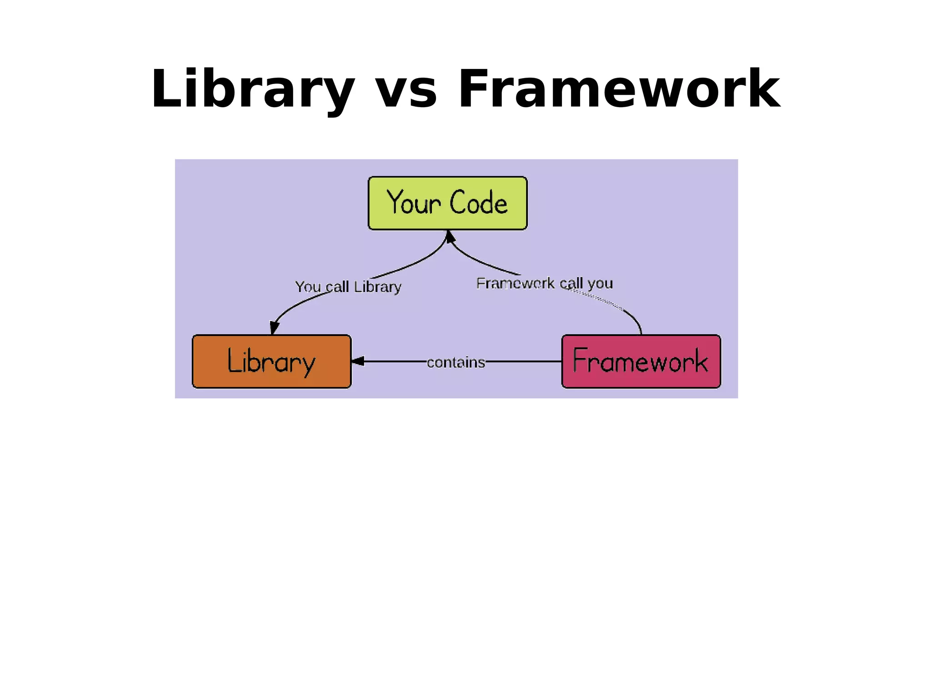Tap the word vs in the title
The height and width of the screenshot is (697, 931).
coord(406,89)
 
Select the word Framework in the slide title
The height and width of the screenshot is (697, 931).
coord(619,89)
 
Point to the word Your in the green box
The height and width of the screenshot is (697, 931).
coord(413,203)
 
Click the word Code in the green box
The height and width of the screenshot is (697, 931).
coord(478,203)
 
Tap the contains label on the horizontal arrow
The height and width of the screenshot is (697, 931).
coord(456,362)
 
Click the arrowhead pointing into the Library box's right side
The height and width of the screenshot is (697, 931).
coord(358,361)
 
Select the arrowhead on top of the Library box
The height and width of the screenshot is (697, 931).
coord(274,328)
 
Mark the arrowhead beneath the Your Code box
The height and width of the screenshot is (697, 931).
coord(450,237)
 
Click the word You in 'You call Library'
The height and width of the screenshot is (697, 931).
coord(308,287)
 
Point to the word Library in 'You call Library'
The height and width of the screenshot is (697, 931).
coord(377,287)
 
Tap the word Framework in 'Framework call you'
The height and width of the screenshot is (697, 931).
coord(515,283)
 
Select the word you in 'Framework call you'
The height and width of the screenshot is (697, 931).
coord(600,284)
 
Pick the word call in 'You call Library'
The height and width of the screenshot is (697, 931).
coord(337,287)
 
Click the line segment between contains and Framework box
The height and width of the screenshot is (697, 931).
coord(523,361)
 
